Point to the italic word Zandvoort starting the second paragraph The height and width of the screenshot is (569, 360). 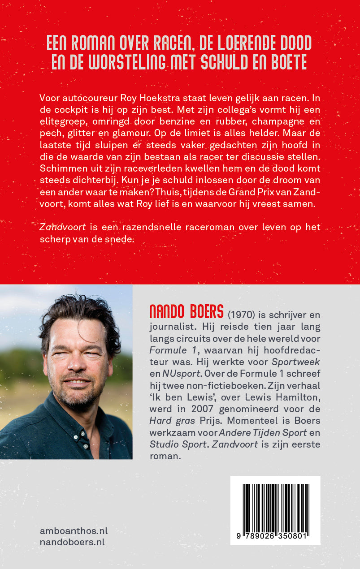(x=56, y=227)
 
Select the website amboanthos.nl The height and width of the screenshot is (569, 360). (x=74, y=531)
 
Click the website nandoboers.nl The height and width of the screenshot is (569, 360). (x=72, y=542)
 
